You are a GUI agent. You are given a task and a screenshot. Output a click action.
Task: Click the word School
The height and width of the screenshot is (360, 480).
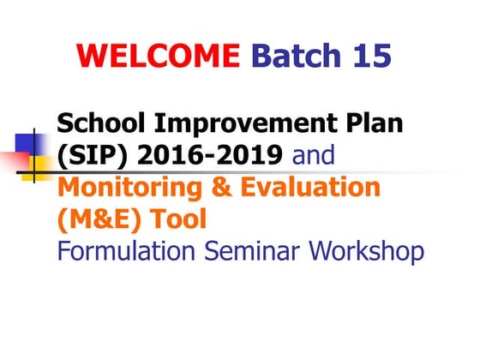[97, 126]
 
